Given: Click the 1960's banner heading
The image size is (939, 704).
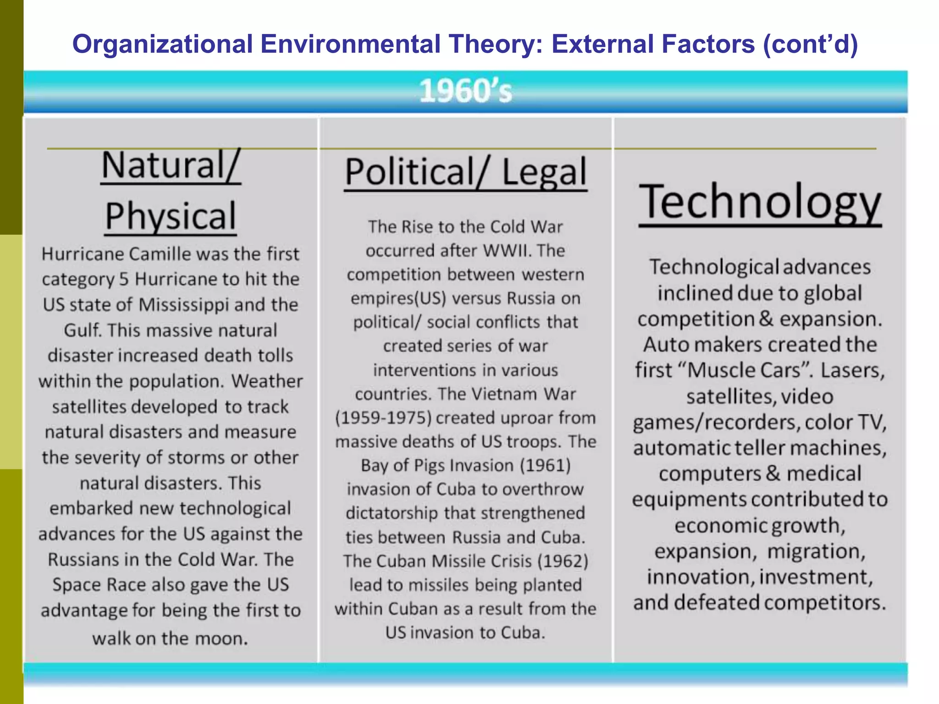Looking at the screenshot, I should pos(465,91).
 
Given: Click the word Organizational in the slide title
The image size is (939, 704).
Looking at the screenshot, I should pos(163,44).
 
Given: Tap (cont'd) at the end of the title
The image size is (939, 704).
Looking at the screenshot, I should pos(810,44).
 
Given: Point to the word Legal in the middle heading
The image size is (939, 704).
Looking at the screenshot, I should pos(544,172).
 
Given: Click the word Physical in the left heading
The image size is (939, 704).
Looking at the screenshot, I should pos(171,216).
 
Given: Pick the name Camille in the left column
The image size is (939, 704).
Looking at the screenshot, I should pos(160,254).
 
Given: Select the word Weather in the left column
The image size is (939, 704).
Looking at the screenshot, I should pos(267,381).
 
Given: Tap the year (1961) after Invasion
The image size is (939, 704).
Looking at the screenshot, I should pos(545,466).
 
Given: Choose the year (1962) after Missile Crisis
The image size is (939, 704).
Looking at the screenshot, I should pos(563,561).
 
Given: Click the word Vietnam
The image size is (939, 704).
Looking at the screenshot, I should pos(504,394).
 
